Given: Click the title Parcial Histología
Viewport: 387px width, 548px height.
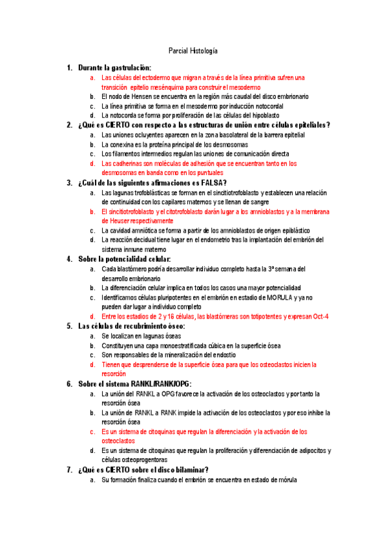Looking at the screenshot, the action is coord(193,50).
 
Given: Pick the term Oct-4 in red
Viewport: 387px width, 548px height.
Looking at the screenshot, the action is coord(319,316).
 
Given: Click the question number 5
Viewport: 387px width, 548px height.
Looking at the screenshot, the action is coord(69,326).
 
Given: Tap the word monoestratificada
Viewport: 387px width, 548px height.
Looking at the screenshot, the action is coord(175,345).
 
